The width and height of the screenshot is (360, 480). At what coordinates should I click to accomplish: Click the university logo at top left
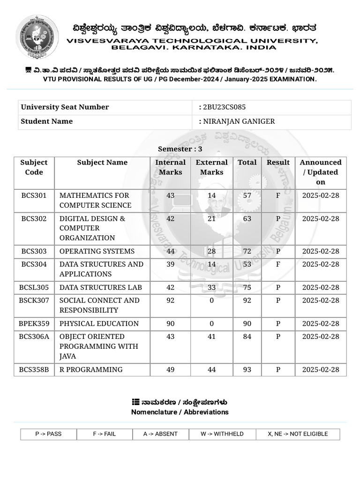[x=37, y=36]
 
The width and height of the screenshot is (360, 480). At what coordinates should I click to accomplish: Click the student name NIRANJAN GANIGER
[x=239, y=121]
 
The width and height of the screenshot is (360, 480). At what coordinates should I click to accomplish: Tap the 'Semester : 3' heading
[x=180, y=149]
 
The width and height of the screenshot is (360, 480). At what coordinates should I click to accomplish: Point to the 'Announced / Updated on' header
[x=320, y=172]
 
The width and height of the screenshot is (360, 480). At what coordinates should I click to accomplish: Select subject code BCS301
[x=34, y=195]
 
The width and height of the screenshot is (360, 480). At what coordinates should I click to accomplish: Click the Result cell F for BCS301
[x=278, y=195]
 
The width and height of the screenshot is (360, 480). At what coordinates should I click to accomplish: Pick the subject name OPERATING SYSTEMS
[x=97, y=251]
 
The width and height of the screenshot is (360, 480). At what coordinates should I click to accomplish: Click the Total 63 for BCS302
[x=247, y=218]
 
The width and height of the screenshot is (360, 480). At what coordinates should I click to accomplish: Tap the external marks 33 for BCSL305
[x=211, y=287]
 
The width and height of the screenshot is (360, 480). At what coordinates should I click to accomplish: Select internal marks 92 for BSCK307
[x=170, y=300]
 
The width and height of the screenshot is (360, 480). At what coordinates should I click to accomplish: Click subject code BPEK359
[x=34, y=323]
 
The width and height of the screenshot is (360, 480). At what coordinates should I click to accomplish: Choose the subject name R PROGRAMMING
[x=91, y=369]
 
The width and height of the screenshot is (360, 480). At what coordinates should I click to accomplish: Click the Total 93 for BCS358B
[x=247, y=369]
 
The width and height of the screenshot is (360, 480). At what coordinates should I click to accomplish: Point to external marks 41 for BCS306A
[x=211, y=337]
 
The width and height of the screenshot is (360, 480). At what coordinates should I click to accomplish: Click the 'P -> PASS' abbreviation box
[x=48, y=434]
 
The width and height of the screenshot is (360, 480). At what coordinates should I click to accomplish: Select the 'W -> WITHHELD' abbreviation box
[x=222, y=434]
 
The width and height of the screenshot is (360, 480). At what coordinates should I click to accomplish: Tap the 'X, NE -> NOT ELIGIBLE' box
[x=298, y=434]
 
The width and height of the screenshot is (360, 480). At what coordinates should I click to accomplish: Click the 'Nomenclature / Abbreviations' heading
[x=180, y=412]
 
